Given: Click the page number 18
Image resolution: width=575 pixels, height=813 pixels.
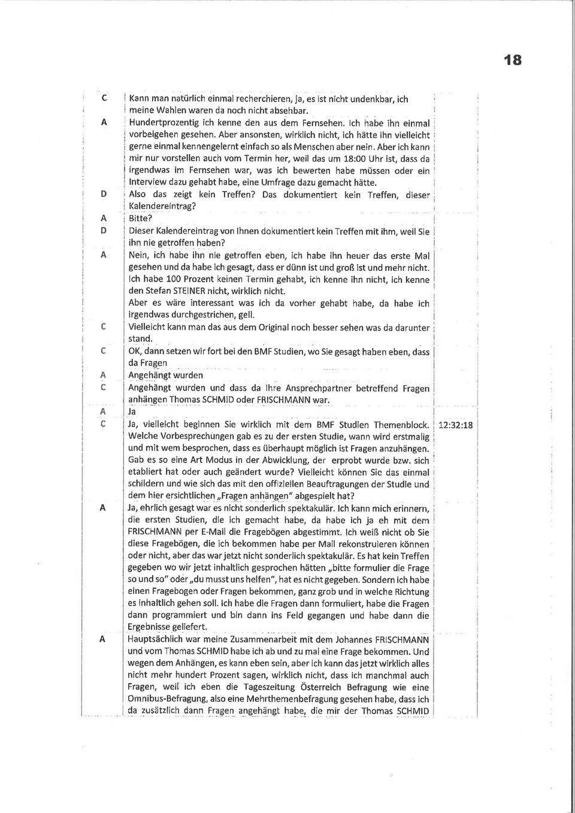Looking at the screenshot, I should [x=512, y=60].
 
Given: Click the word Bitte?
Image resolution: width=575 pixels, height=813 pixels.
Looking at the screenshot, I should [x=141, y=218].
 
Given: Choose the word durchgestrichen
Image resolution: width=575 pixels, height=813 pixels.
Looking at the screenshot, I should [x=203, y=315].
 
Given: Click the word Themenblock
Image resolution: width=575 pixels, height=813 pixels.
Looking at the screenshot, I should [x=401, y=425].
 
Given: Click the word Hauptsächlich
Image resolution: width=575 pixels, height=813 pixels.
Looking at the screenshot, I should [x=158, y=639].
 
